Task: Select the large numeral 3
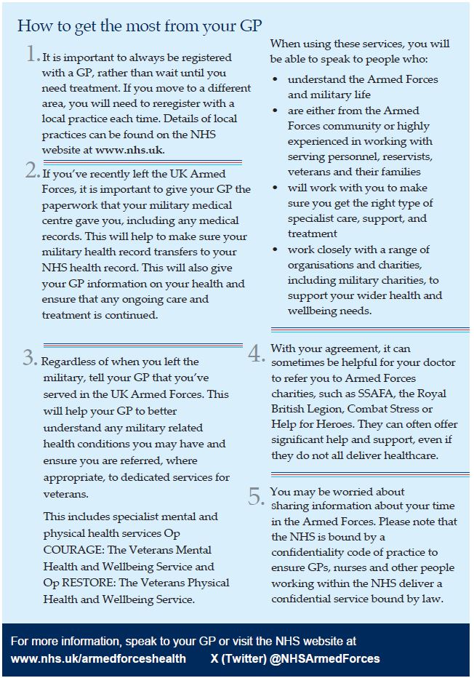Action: [30, 358]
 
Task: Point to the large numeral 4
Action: [256, 354]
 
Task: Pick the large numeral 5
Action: [256, 497]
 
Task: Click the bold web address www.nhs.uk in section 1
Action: [129, 151]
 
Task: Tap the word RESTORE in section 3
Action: [85, 583]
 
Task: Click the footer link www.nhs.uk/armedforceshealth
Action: [98, 658]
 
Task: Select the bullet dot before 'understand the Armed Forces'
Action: [274, 79]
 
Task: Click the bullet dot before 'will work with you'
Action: [274, 187]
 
